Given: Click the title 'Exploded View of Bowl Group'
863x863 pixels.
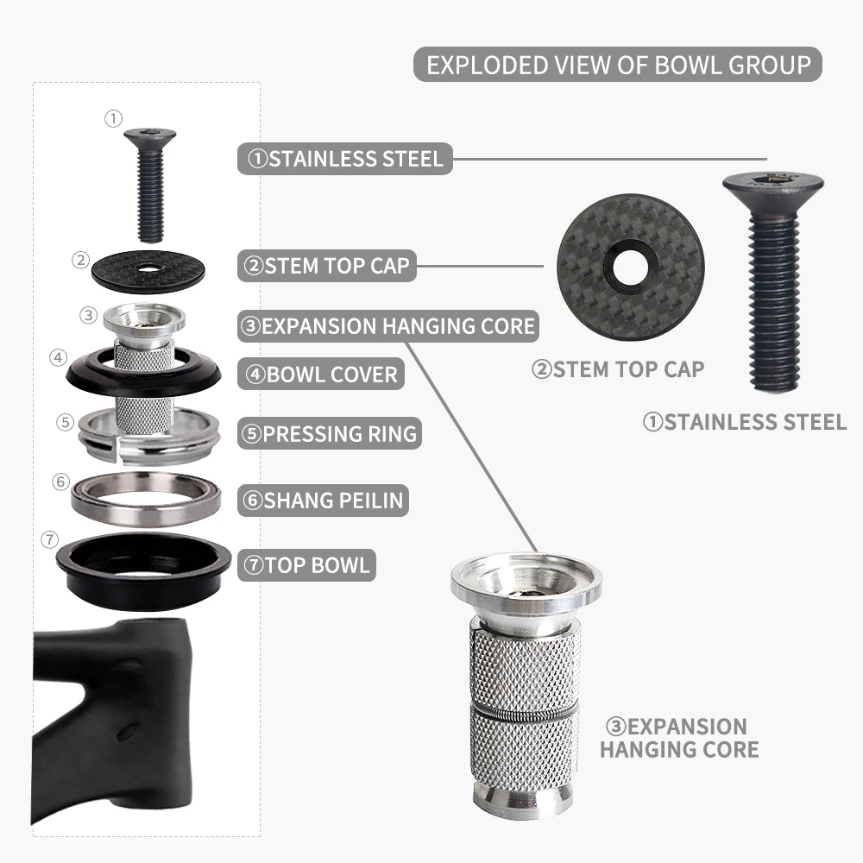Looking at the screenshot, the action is (618, 65).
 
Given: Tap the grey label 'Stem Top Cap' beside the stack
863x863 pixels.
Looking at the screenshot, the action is (327, 266).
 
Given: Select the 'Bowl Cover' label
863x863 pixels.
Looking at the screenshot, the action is (321, 375).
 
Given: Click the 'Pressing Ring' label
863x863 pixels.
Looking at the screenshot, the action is (330, 434).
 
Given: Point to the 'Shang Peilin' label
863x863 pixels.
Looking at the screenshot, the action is (323, 501).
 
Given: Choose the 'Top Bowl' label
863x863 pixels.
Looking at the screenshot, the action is (306, 565).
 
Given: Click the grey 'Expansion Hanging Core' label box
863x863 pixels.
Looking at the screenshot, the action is (388, 326).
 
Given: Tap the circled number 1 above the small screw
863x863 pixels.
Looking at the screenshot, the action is (113, 118).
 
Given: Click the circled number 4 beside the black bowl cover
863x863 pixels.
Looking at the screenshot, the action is (59, 358).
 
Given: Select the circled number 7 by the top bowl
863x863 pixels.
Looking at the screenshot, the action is (49, 539).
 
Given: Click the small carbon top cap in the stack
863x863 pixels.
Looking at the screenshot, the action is (148, 271).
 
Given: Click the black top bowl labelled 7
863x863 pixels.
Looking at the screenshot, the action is (143, 570).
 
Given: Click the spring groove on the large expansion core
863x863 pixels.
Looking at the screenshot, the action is (526, 711).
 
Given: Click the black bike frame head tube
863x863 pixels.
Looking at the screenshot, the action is (113, 721).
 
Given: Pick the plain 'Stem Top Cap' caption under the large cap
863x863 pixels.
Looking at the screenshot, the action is (618, 369).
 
